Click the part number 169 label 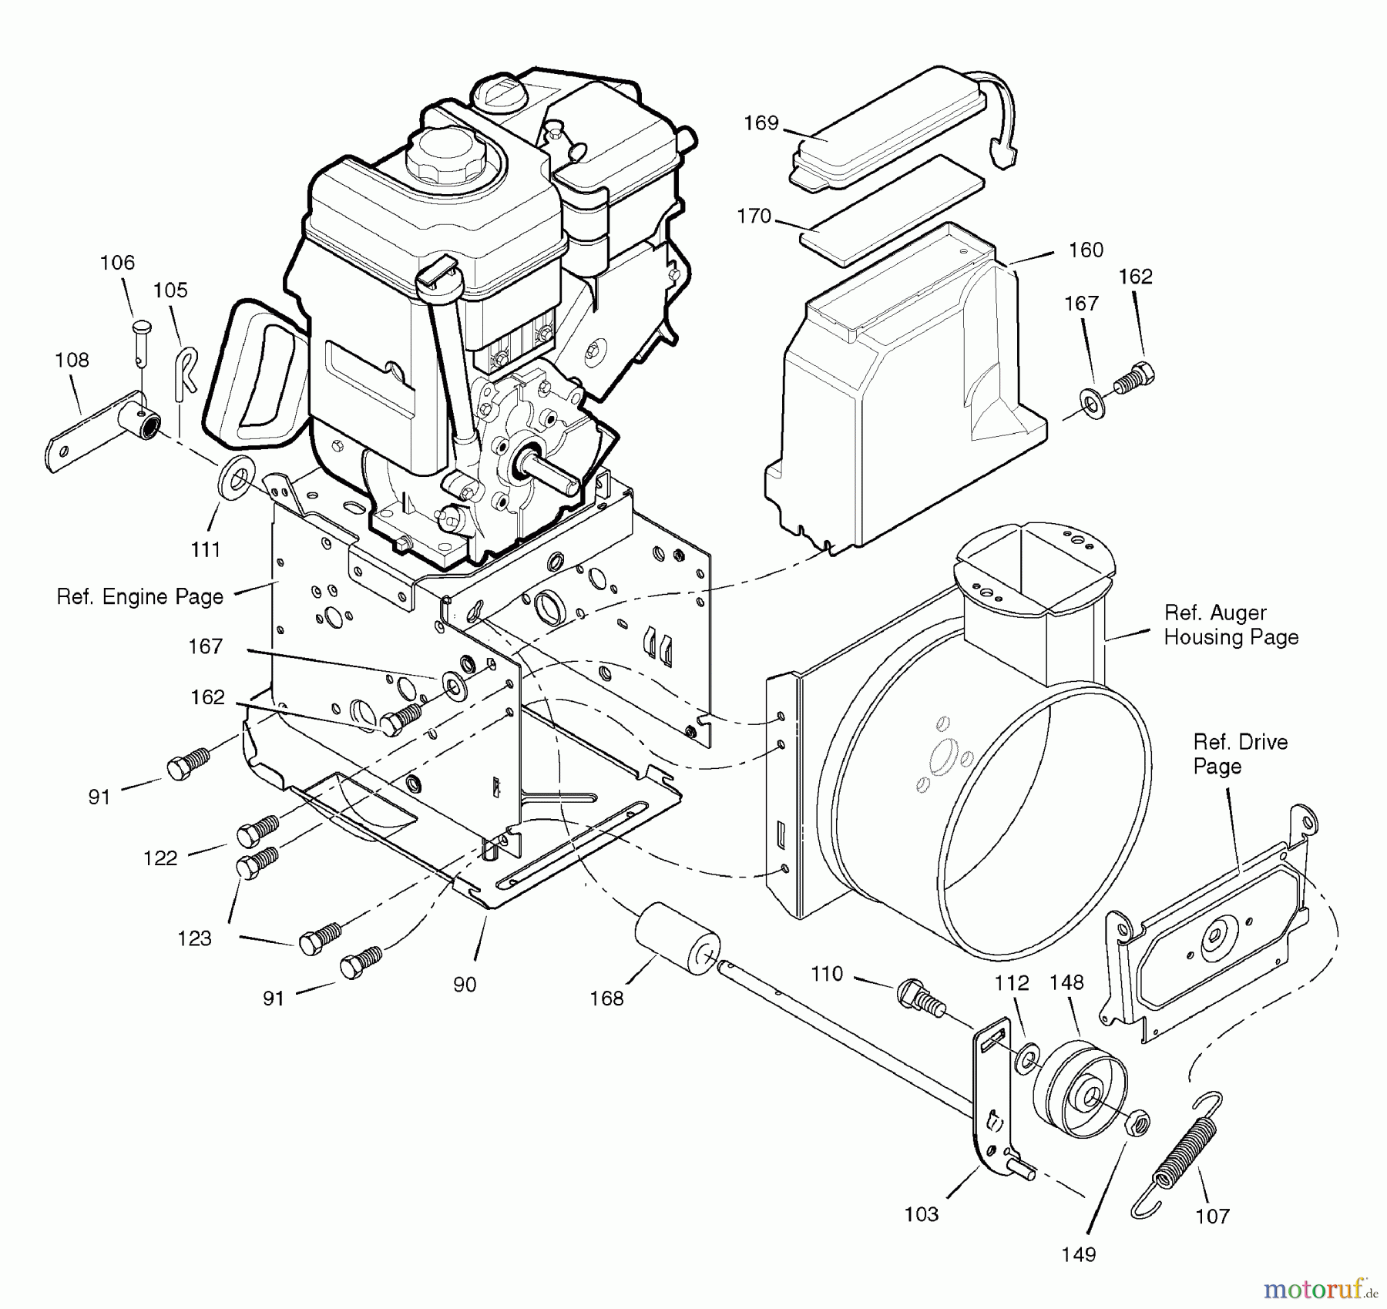761,123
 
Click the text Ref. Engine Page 140,597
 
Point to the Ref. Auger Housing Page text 1231,625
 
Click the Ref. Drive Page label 1240,754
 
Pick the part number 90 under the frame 465,984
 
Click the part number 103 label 921,1214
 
